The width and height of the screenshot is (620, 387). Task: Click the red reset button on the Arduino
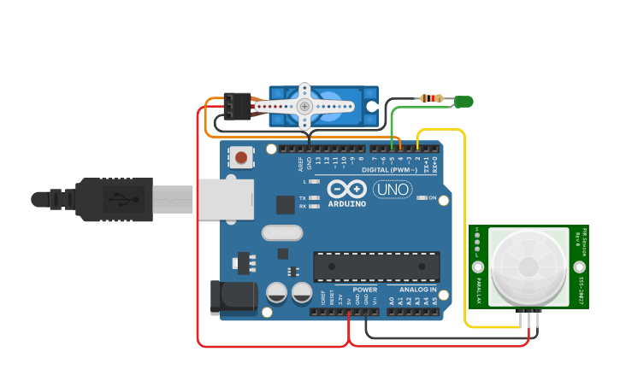point(242,157)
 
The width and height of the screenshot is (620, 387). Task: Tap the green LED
point(463,102)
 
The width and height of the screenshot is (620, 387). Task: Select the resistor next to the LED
point(434,99)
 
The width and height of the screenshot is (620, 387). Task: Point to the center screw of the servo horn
point(305,106)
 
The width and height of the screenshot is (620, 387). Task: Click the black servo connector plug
point(237,105)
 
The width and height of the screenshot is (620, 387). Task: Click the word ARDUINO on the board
point(346,204)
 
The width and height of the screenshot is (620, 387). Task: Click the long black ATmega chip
point(376,267)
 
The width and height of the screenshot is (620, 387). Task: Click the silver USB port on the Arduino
point(226,199)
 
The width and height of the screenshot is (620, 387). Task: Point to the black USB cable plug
point(111,200)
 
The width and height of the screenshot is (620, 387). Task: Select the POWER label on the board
point(364,290)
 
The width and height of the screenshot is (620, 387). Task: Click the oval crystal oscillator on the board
point(281,232)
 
